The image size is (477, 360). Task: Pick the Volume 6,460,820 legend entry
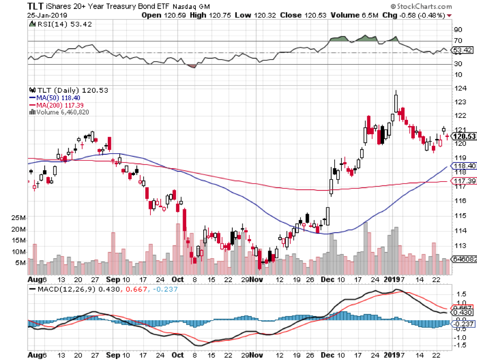[x=60, y=112]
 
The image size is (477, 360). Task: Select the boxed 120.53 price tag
[x=463, y=136]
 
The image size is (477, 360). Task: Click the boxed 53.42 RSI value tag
[x=462, y=50]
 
